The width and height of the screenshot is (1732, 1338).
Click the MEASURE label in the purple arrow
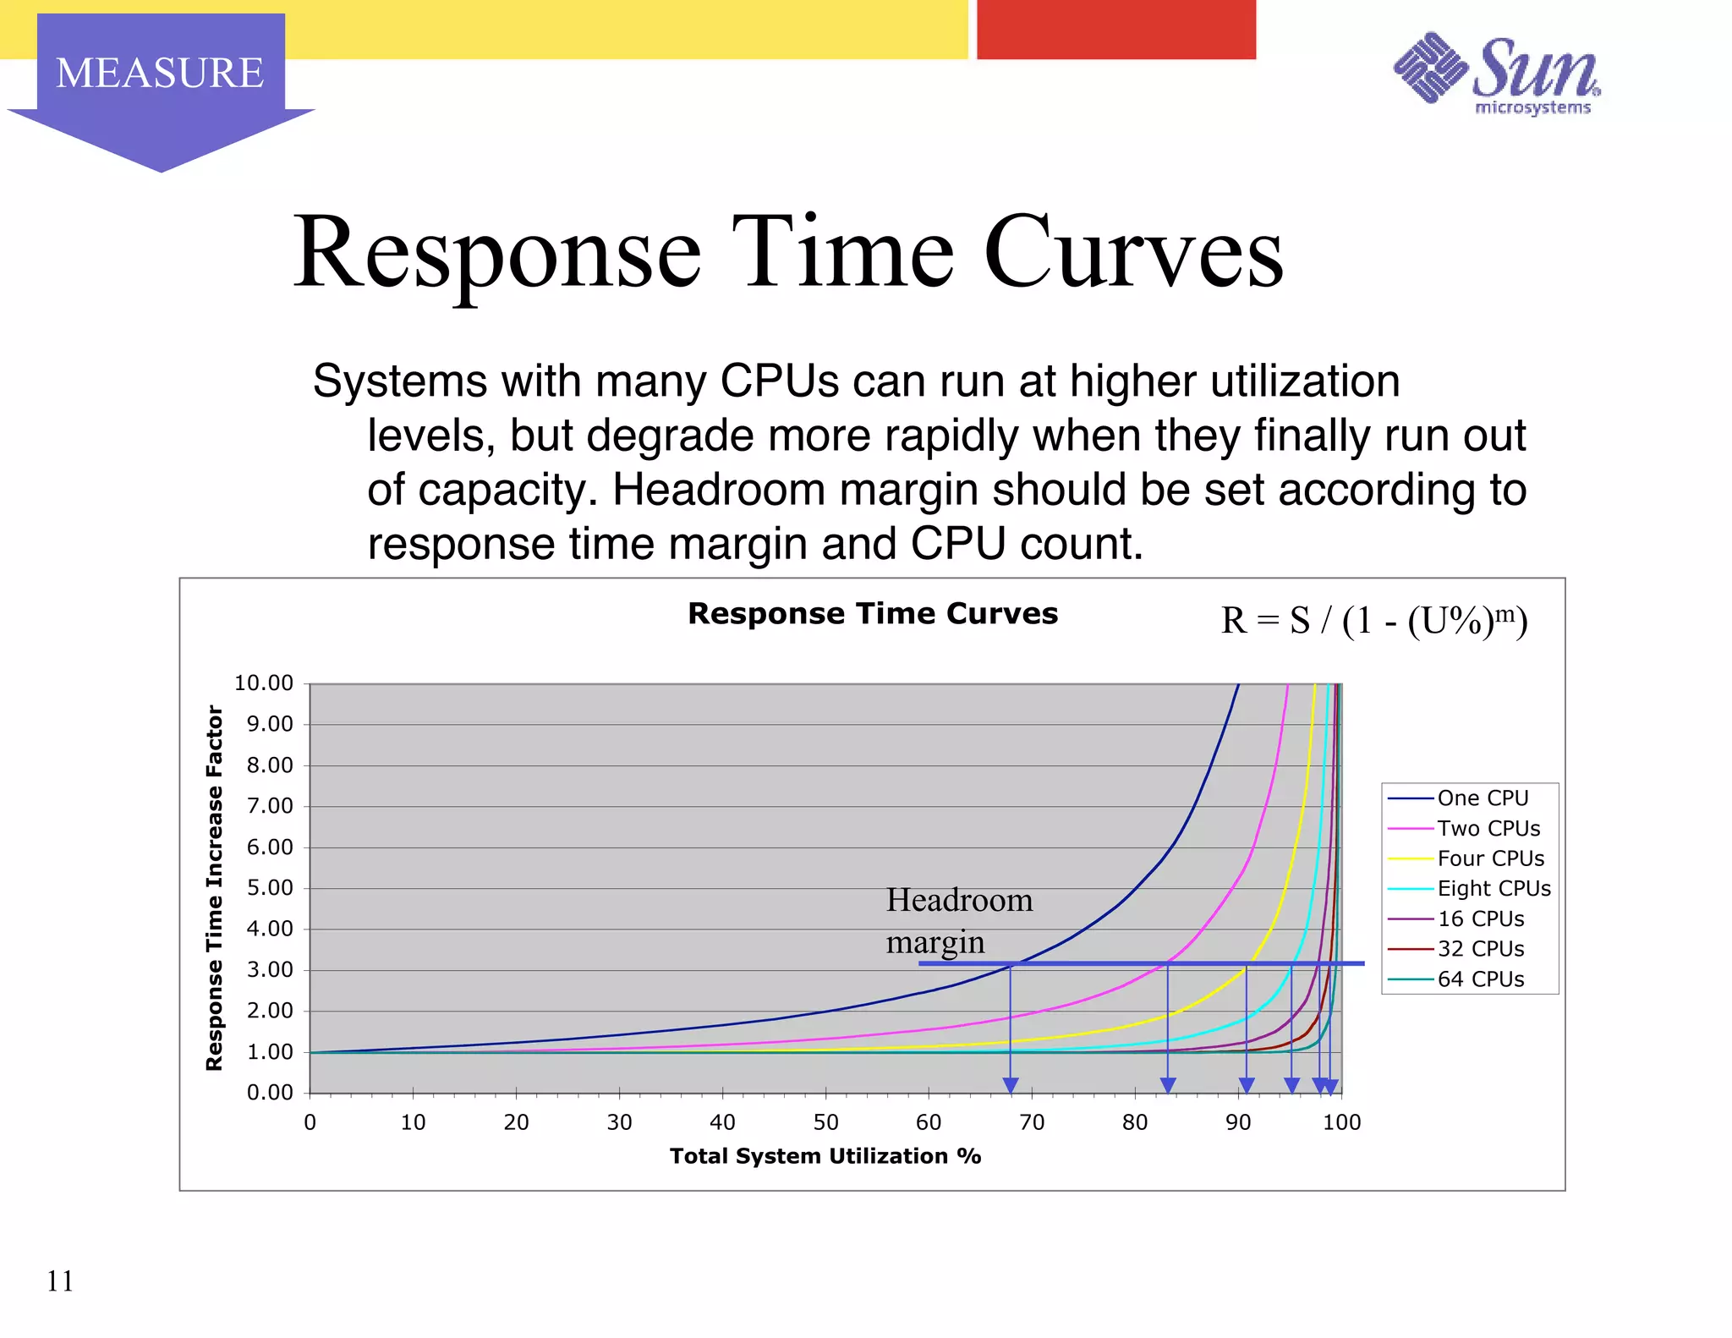pyautogui.click(x=160, y=73)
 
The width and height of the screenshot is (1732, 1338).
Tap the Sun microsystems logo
pyautogui.click(x=1496, y=74)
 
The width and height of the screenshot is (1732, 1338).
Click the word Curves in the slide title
pyautogui.click(x=1132, y=253)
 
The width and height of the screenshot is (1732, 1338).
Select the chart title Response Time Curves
pyautogui.click(x=872, y=613)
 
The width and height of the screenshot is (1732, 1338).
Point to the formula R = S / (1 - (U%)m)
pyautogui.click(x=1373, y=620)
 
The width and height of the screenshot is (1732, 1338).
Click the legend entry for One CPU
pyautogui.click(x=1482, y=798)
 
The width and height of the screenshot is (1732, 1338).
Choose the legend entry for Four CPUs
pyautogui.click(x=1490, y=858)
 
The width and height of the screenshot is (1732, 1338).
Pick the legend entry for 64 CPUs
pyautogui.click(x=1480, y=979)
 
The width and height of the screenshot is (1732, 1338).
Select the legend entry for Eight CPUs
pyautogui.click(x=1494, y=888)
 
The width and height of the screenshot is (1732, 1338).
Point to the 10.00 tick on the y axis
pyautogui.click(x=264, y=683)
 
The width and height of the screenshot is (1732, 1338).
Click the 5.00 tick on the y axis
pyautogui.click(x=270, y=887)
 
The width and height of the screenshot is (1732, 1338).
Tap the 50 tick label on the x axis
pyautogui.click(x=825, y=1122)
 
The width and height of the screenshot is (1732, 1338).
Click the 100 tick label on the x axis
pyautogui.click(x=1341, y=1122)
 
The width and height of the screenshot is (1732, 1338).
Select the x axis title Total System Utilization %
pyautogui.click(x=825, y=1156)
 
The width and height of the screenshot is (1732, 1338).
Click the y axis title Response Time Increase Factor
pyautogui.click(x=215, y=887)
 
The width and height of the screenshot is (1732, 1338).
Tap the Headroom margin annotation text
pyautogui.click(x=958, y=920)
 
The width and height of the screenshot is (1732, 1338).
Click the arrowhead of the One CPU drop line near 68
pyautogui.click(x=1010, y=1085)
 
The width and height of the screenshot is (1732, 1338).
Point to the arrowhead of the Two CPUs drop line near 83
pyautogui.click(x=1168, y=1085)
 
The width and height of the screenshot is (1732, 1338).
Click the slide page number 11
pyautogui.click(x=60, y=1280)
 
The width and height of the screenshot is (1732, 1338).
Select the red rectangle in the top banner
pyautogui.click(x=1115, y=30)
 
